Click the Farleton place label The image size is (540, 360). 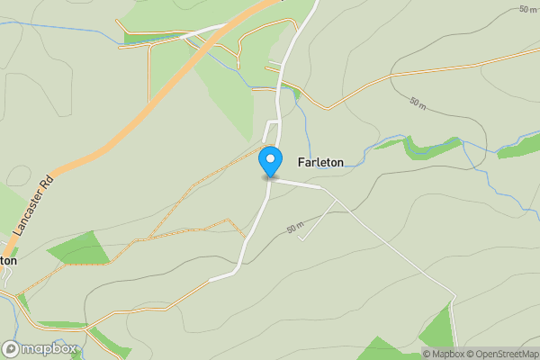coord(319,162)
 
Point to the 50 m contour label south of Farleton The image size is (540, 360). coord(296,229)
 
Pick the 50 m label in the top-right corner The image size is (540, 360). coord(528,8)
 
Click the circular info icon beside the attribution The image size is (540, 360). coord(427,353)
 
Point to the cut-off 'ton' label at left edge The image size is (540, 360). coord(8,260)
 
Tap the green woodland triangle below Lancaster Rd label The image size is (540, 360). coord(81,249)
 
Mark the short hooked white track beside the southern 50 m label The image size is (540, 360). coord(319,220)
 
